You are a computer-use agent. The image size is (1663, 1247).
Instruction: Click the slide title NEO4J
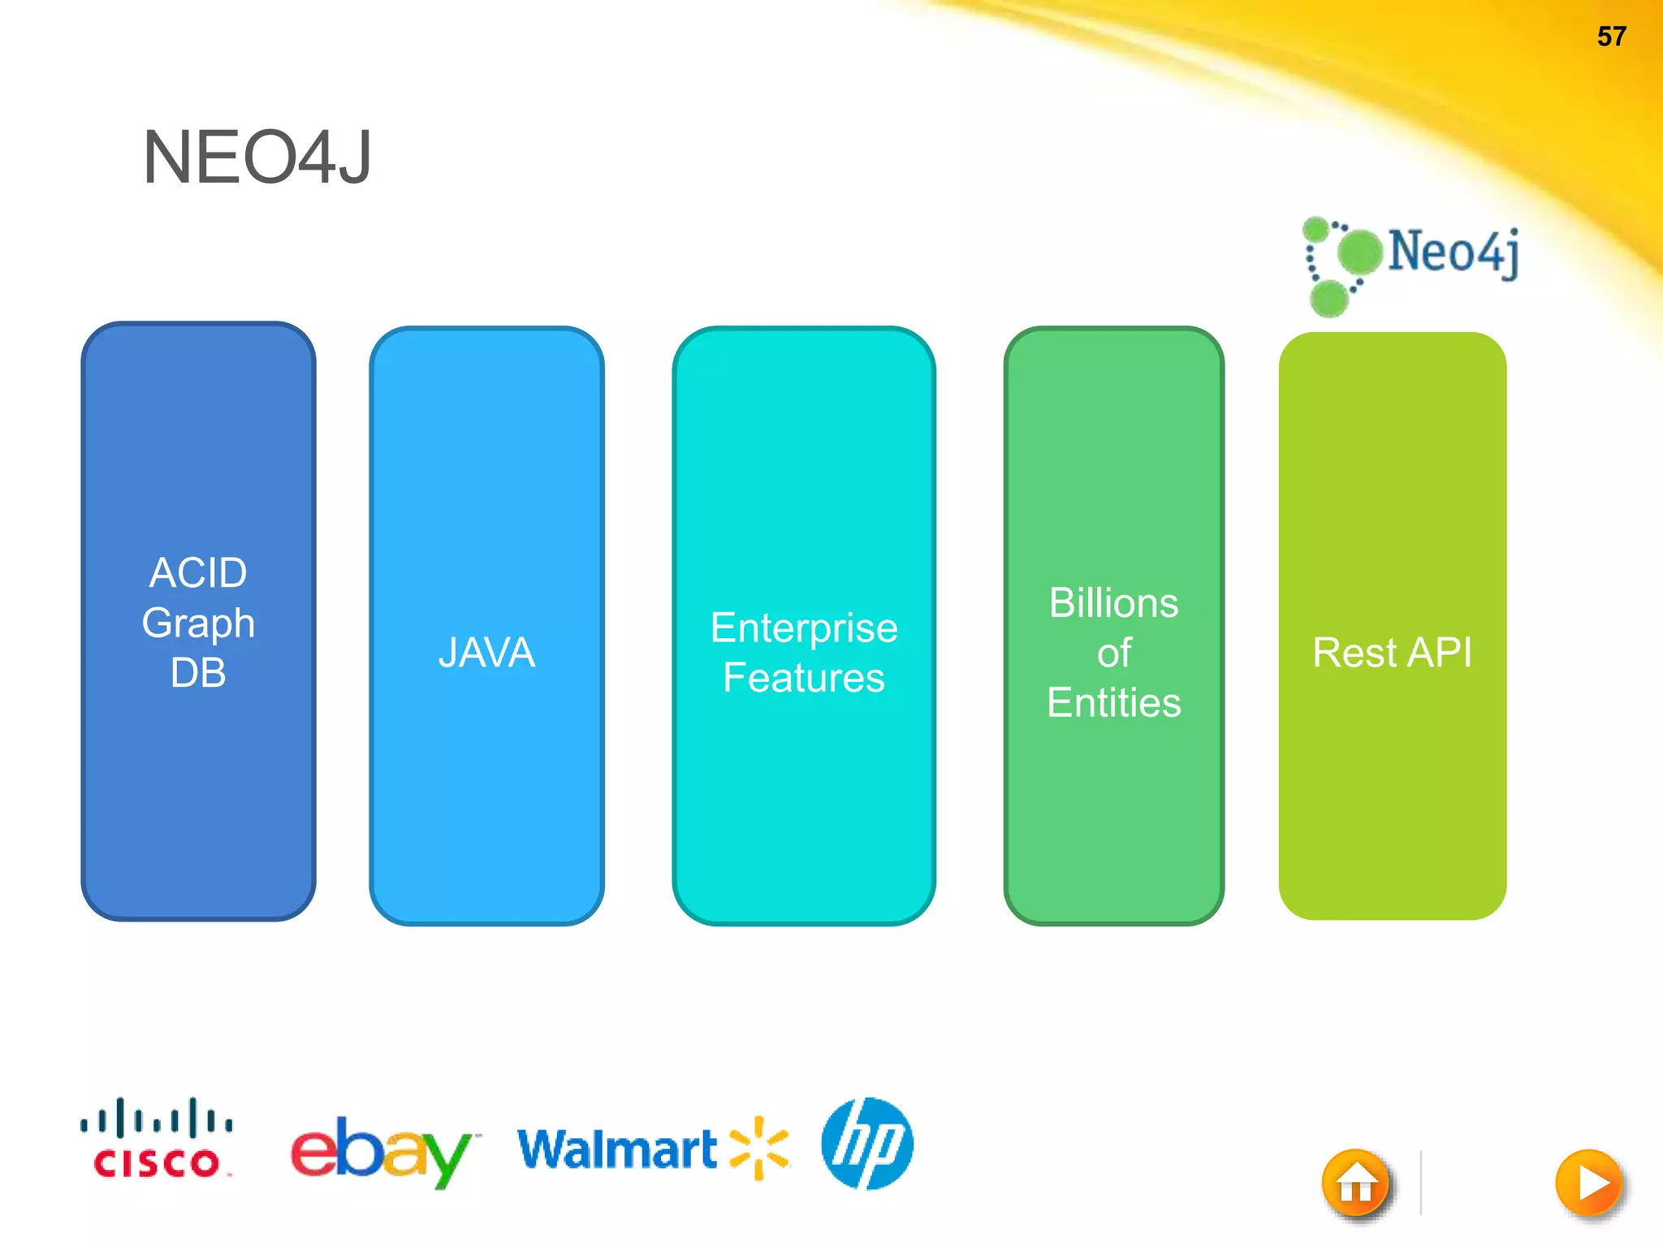point(257,157)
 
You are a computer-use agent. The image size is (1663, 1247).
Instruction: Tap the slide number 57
point(1611,37)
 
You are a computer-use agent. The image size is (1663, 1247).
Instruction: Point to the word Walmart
point(617,1149)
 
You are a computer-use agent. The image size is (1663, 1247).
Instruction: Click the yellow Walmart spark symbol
point(759,1147)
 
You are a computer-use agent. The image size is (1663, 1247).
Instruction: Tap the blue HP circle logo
point(867,1143)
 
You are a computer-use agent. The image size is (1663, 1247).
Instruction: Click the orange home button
point(1356,1184)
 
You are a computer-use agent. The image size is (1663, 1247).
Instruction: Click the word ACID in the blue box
point(198,573)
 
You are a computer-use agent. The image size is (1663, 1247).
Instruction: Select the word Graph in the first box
point(198,623)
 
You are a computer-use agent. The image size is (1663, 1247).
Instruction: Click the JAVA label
point(486,653)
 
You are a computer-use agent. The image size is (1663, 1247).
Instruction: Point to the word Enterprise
point(804,628)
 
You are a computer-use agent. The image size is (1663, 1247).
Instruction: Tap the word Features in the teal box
point(804,678)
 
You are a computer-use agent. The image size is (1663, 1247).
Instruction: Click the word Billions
point(1113,603)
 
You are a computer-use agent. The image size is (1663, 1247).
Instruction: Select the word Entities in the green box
point(1113,703)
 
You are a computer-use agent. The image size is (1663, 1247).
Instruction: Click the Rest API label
point(1392,653)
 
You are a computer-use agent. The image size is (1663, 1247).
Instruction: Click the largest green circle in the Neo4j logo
point(1358,252)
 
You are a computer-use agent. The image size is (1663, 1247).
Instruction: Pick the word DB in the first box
point(198,673)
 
